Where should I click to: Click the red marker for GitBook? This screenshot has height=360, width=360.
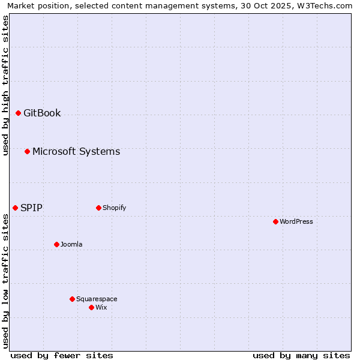18,113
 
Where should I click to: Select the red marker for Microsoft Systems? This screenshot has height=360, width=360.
27,151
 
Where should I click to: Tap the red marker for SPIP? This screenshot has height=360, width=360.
15,208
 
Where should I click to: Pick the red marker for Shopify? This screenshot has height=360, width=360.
98,208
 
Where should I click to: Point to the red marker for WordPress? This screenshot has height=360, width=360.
275,221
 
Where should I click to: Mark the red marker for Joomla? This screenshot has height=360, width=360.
56,244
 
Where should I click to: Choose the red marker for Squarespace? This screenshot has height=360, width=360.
72,299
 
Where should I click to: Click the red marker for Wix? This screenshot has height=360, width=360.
91,307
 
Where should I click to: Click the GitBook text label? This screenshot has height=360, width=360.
42,113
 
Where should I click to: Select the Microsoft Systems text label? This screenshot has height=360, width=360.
76,151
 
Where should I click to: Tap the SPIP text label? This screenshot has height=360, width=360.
31,208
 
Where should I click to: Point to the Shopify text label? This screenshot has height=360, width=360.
114,208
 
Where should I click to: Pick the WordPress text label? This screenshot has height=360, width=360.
296,221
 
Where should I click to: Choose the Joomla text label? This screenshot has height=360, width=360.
71,244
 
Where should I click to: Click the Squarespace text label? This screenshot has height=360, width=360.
97,299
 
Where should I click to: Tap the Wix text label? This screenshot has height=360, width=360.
101,307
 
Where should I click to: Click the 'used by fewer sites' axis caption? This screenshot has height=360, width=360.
62,355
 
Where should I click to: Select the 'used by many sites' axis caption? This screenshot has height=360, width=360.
301,355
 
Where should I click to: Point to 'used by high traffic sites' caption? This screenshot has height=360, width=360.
5,85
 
